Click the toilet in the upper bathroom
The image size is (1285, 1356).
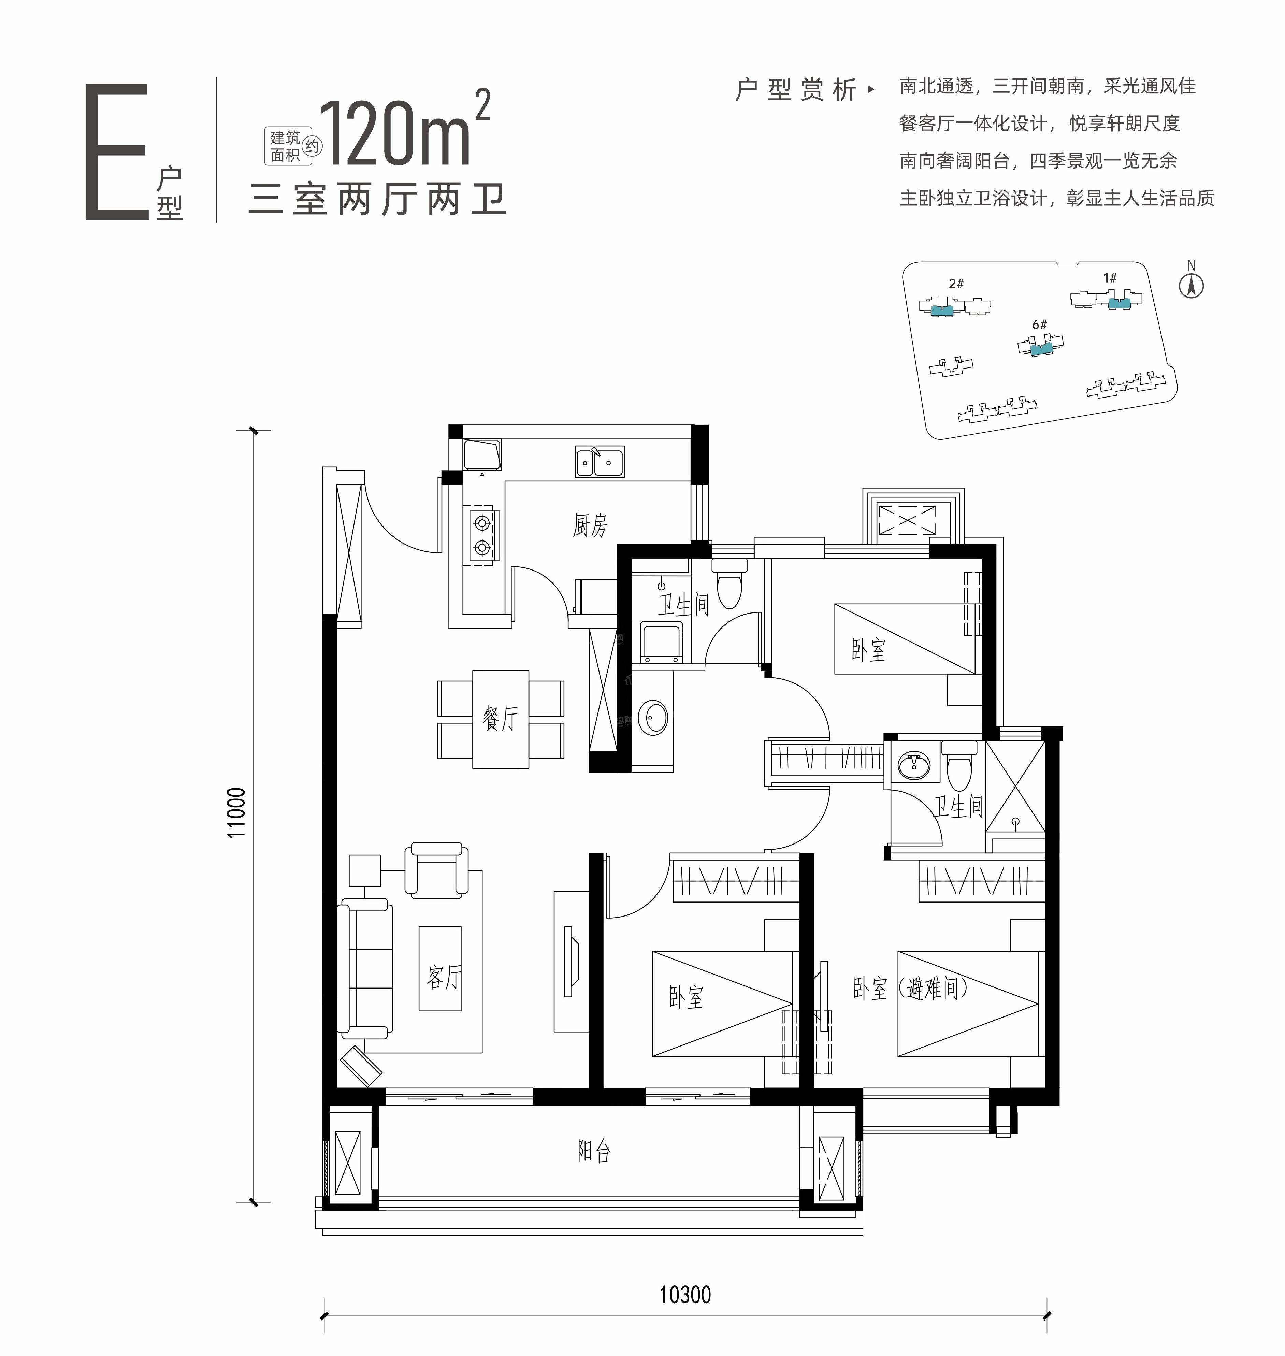tap(729, 582)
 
